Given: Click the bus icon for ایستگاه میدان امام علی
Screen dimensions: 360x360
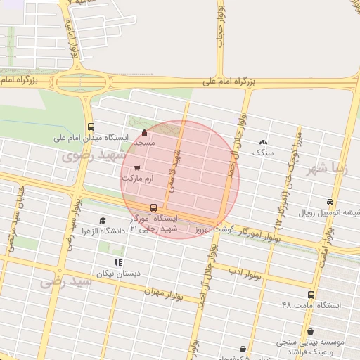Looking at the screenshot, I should coord(91,127).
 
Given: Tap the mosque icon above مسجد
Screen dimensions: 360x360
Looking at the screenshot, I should coord(145,132).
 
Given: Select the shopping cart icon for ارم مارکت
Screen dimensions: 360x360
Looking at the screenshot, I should coord(136,167).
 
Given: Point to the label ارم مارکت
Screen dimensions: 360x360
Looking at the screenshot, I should coord(138,179).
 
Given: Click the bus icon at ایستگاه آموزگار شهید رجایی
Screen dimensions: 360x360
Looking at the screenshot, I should coord(154,207).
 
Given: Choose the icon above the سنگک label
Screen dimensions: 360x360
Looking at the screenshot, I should coord(264,141).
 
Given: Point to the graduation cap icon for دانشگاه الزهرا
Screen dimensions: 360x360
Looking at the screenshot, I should coord(103,220).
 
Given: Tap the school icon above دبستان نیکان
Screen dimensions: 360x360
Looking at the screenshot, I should coord(118,262).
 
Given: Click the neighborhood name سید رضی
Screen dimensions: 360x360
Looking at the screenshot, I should coord(66,282).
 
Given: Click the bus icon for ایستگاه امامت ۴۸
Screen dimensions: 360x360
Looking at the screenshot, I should coord(311,295).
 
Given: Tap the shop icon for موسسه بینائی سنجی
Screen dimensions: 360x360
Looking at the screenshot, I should coord(310,330).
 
